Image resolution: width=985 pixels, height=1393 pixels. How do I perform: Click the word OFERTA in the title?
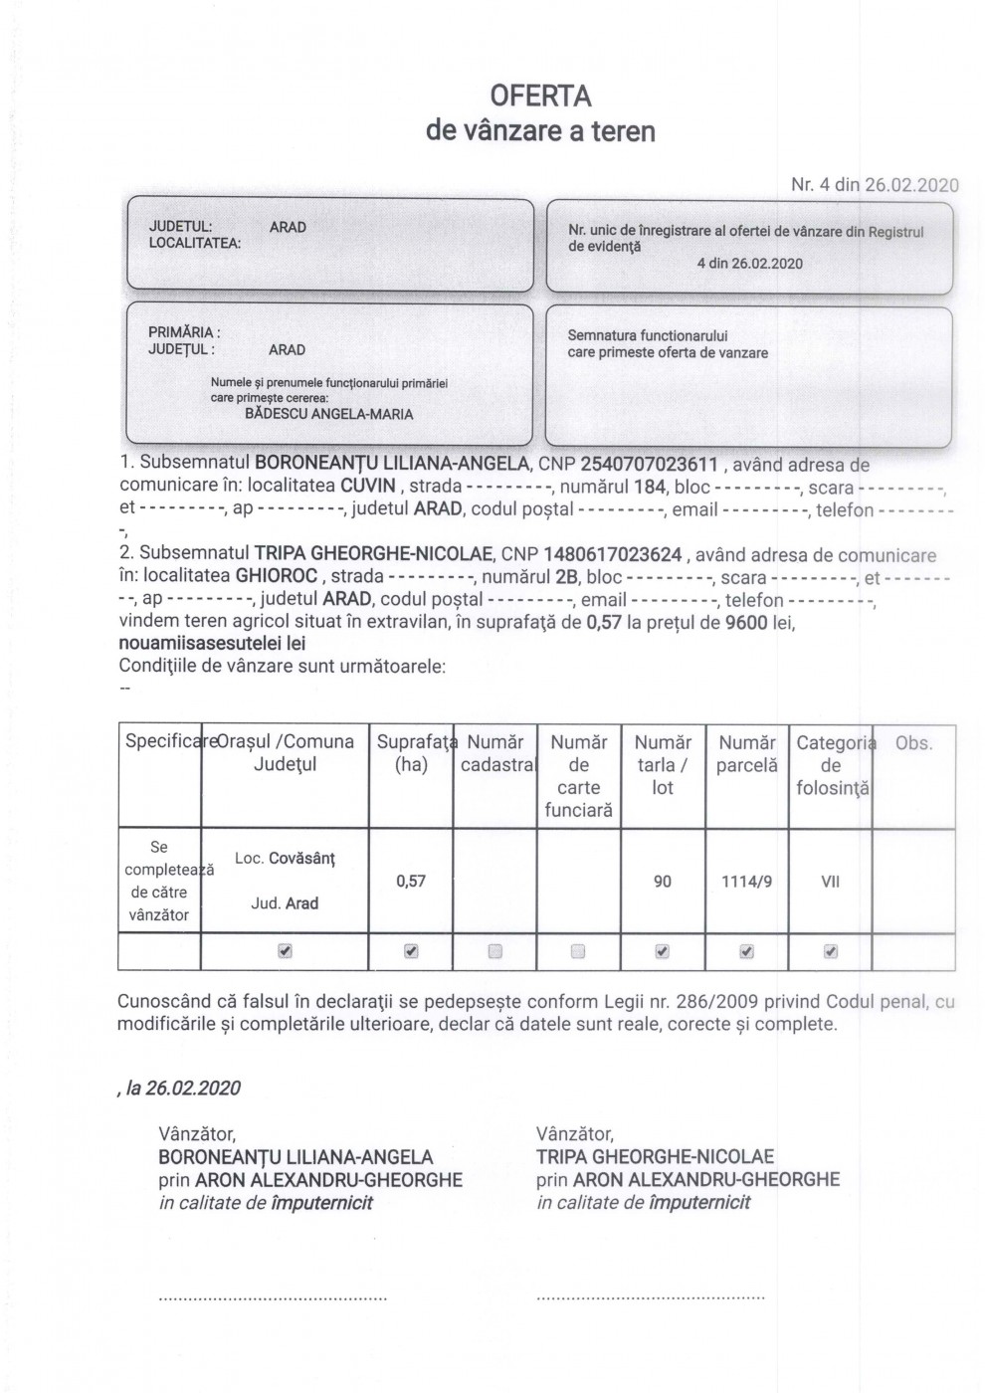tap(540, 97)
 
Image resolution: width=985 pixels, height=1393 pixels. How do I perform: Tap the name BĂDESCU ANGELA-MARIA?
tap(328, 414)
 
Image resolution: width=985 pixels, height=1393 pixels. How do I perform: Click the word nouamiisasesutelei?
tap(198, 644)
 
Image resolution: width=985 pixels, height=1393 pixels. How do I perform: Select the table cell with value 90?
tap(663, 882)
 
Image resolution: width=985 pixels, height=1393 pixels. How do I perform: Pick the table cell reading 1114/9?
tap(746, 882)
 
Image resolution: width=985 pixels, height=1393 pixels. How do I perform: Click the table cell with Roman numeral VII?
tap(830, 882)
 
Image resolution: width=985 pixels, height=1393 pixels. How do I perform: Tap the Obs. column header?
tap(913, 743)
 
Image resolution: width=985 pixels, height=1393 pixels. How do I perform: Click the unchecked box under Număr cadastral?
tap(495, 952)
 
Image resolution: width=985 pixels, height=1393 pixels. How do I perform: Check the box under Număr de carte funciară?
tap(578, 952)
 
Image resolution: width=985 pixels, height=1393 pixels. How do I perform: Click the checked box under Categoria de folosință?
tap(831, 952)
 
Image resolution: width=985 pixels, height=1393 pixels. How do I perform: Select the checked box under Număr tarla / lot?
tap(663, 952)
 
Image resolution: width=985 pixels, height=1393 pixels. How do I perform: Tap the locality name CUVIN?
tap(370, 487)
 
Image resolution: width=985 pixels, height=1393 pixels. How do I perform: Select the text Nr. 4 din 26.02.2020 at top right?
tap(875, 184)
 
